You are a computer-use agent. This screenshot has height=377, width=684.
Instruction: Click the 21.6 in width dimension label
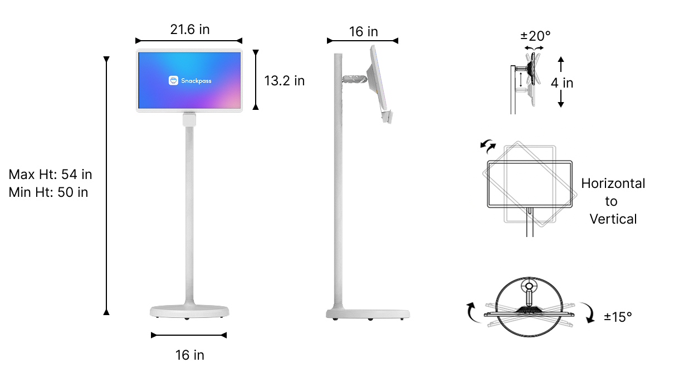[189, 30]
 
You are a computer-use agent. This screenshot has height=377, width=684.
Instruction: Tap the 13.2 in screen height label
[284, 81]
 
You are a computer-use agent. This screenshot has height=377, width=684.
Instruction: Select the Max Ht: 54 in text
[50, 175]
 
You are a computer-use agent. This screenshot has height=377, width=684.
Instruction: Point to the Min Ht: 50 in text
[48, 192]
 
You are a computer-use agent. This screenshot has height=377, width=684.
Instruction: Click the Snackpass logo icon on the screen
[173, 80]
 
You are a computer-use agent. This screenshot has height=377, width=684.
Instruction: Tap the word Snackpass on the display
[196, 81]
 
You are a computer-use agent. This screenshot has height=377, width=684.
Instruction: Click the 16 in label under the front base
[189, 355]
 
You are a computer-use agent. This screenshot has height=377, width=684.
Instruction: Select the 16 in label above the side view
[363, 32]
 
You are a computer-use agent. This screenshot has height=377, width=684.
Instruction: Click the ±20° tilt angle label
[535, 36]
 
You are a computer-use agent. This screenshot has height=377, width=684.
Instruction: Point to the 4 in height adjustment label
[562, 83]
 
